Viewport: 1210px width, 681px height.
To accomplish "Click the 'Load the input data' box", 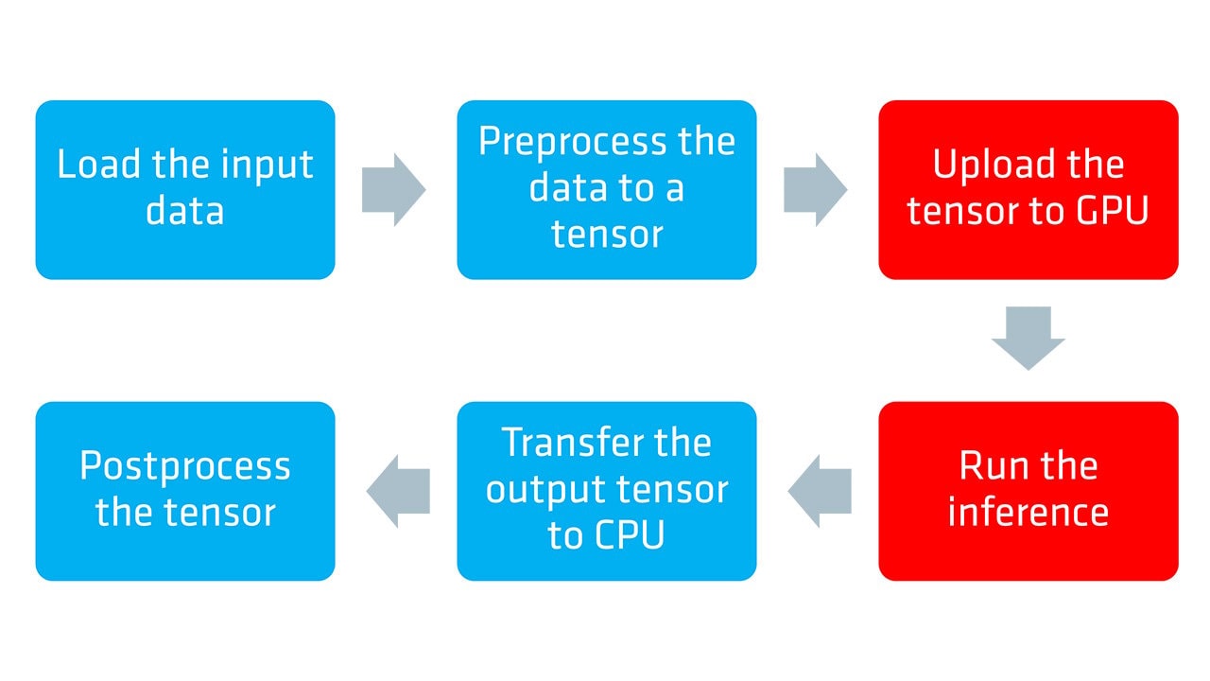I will click(x=185, y=189).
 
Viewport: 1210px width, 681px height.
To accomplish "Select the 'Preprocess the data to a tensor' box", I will click(x=606, y=189).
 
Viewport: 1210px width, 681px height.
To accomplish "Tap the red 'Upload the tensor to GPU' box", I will click(x=1028, y=189).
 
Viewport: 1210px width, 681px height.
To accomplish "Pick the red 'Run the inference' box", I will click(x=1028, y=491).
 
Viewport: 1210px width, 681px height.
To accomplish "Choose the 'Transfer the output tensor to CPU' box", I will click(x=606, y=491).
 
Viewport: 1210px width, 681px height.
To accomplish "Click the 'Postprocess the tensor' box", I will click(x=185, y=491).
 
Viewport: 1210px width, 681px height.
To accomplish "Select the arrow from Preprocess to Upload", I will click(x=815, y=189).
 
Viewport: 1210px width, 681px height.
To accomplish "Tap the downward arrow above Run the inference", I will click(x=1028, y=338).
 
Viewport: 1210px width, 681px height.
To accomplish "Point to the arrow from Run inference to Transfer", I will click(x=819, y=491).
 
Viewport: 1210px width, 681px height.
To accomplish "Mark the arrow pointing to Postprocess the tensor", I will click(x=398, y=491).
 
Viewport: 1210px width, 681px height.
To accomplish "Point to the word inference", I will click(x=1028, y=513).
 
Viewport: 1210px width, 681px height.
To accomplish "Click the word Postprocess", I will click(x=185, y=467).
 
